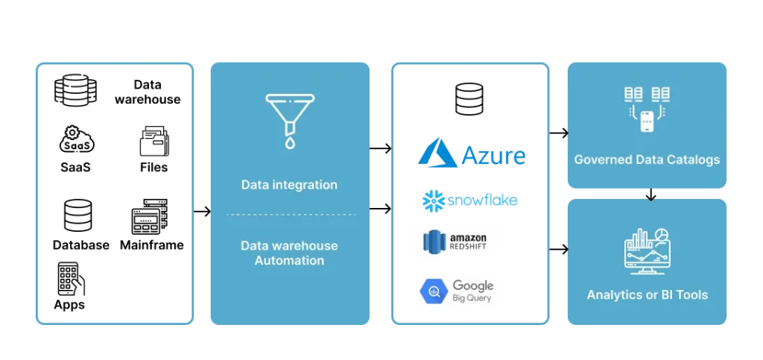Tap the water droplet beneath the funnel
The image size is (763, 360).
pos(289,142)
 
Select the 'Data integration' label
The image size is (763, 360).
pos(289,185)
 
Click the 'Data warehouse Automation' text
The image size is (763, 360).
pos(289,253)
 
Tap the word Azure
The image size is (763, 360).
pos(493,156)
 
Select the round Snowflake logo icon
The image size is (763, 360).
pos(434,201)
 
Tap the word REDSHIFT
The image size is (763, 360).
pos(469,248)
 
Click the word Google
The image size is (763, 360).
pos(473,286)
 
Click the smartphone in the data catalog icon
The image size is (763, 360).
pos(647,121)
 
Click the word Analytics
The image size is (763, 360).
pos(614,294)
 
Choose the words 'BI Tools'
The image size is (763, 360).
pos(683,294)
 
